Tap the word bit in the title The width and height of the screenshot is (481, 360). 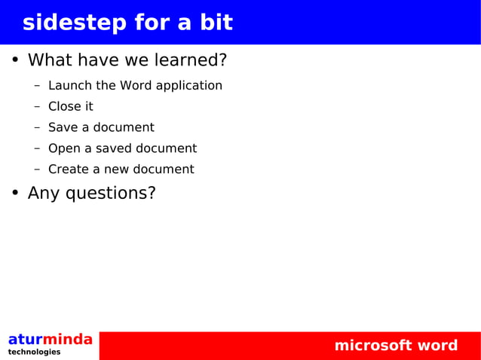(216, 23)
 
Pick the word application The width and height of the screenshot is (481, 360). (189, 86)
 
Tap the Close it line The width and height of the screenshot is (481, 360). (70, 106)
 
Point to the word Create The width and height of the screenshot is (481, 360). (69, 169)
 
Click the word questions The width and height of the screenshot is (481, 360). (111, 194)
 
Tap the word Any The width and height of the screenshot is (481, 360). (44, 194)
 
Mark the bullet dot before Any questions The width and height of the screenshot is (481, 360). (14, 193)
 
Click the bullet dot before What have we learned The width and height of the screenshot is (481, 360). (14, 59)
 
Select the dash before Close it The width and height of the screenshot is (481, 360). (37, 106)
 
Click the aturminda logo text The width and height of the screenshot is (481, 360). (50, 340)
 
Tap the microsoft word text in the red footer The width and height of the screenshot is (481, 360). (396, 346)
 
